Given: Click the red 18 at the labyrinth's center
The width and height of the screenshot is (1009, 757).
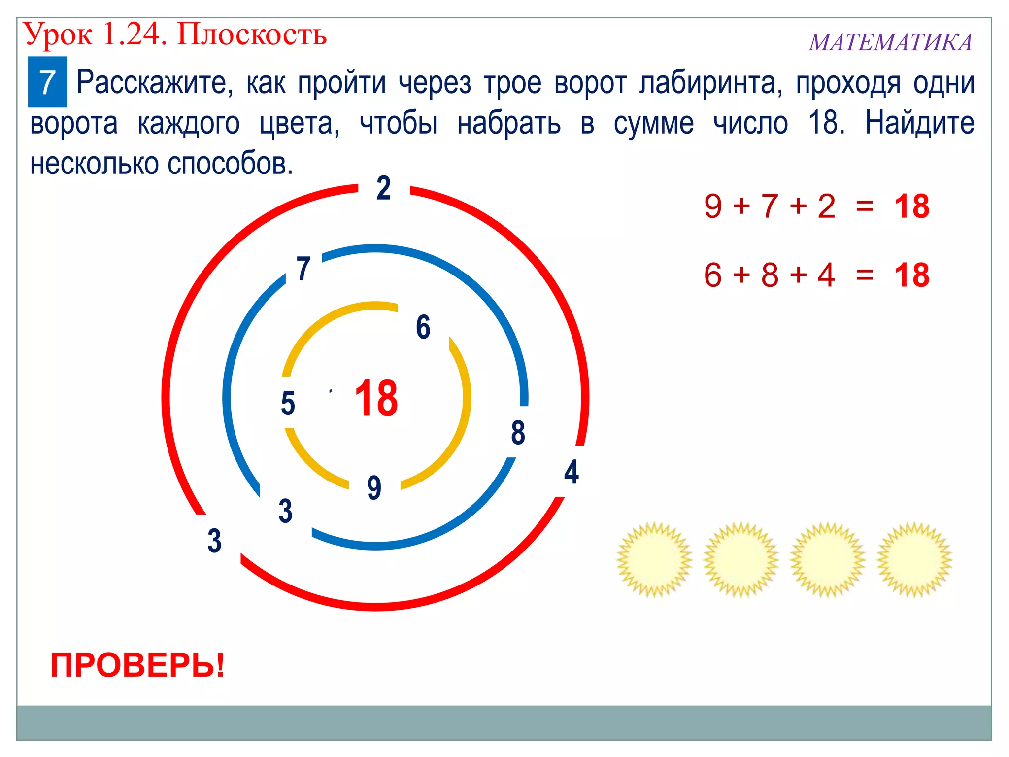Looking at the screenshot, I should (376, 398).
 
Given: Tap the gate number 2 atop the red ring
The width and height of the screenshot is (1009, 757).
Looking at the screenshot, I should (384, 188).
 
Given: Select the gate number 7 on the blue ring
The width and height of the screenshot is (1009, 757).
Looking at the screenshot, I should (303, 269).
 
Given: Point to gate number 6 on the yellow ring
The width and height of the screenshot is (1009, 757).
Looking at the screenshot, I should (423, 327).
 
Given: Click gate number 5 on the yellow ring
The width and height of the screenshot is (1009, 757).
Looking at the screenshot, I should (288, 403).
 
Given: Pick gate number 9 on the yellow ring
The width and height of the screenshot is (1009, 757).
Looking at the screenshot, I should (374, 487).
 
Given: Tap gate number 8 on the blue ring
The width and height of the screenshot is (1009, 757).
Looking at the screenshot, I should (518, 433).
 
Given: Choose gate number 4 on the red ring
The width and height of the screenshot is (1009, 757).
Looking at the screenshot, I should (572, 472).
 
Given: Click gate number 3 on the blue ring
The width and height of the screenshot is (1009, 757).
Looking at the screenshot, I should (285, 511).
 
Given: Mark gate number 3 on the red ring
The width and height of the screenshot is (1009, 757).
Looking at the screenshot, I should (214, 541).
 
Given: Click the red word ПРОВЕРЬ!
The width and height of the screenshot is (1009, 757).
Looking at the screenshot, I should (138, 665).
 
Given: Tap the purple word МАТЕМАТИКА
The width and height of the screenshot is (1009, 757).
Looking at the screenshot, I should (890, 42).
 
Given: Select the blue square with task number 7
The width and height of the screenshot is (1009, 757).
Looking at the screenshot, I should (47, 82).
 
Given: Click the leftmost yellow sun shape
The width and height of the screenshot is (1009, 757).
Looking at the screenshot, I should (654, 559).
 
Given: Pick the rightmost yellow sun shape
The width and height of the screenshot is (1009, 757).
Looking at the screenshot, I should (914, 559).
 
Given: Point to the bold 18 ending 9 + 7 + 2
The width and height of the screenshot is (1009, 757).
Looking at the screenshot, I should (912, 206).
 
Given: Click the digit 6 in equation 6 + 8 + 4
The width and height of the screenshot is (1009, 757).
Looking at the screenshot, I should (712, 275).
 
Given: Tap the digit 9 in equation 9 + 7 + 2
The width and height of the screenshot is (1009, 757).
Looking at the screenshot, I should (712, 206).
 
